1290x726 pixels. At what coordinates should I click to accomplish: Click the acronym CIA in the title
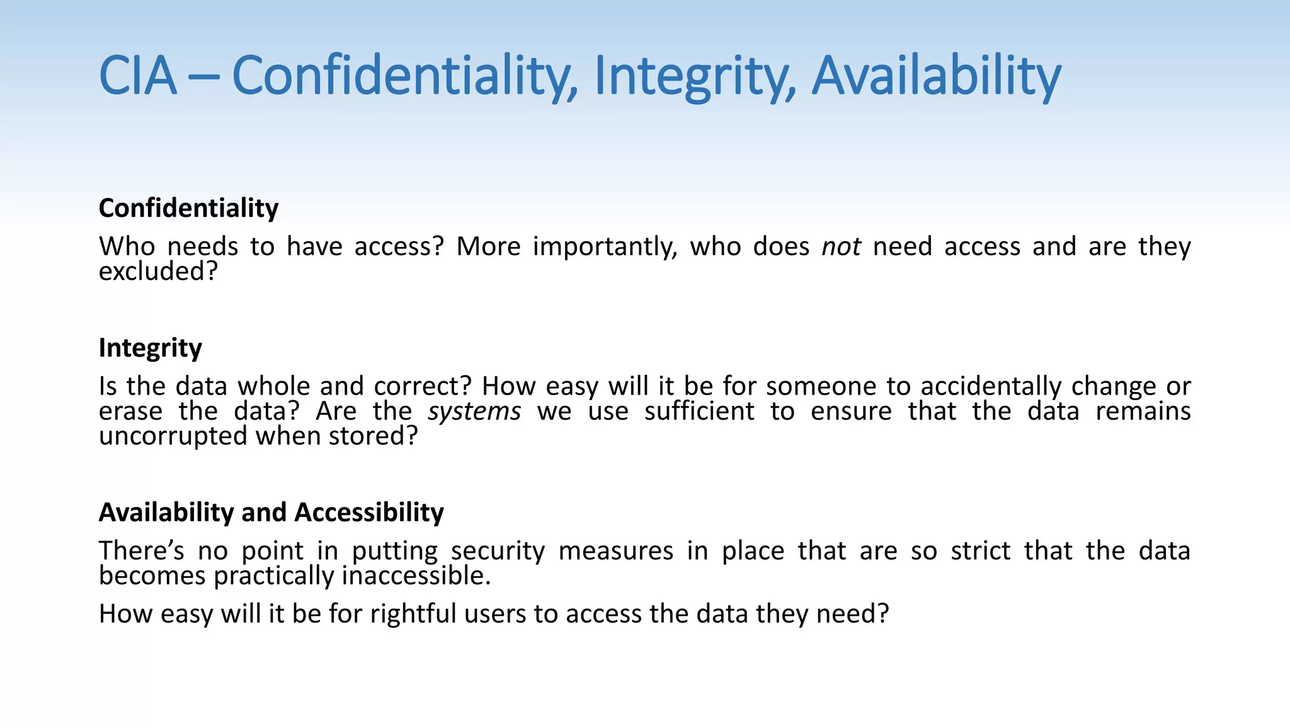tap(138, 76)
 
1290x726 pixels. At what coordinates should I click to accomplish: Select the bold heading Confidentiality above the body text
tap(188, 208)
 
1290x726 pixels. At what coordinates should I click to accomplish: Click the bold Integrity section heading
tap(150, 348)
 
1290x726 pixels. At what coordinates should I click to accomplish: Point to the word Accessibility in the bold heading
tap(369, 512)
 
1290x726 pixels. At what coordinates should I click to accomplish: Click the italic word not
tap(841, 246)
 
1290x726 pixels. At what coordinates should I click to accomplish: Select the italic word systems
tap(474, 412)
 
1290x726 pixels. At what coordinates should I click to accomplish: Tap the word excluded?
tap(158, 272)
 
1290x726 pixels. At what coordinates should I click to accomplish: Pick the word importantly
tap(605, 247)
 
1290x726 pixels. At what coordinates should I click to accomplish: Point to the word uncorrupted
tap(173, 436)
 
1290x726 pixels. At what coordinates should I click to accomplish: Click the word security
tap(498, 551)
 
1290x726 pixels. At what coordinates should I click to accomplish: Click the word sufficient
tap(699, 412)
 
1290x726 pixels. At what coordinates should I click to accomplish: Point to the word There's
tap(142, 551)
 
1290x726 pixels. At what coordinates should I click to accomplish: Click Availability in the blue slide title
tap(936, 76)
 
